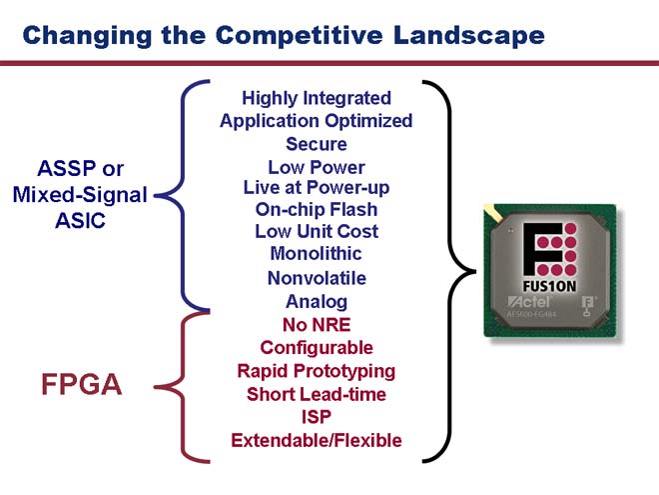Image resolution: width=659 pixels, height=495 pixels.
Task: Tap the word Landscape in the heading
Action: [469, 36]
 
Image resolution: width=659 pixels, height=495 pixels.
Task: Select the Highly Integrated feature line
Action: [317, 98]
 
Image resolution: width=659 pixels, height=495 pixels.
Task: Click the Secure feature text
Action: [317, 144]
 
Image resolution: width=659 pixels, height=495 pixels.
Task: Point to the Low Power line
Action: [317, 167]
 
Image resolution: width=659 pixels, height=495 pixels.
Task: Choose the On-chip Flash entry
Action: [317, 209]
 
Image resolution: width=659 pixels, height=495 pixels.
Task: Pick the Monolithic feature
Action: [317, 253]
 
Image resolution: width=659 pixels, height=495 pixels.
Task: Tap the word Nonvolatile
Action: [317, 278]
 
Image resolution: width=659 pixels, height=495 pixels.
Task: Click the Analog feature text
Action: [317, 302]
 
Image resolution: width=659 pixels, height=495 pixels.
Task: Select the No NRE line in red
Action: [317, 325]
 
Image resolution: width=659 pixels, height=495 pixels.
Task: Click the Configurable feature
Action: [317, 348]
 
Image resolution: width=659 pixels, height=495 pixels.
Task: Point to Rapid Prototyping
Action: [317, 372]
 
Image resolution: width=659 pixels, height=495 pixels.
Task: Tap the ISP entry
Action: [317, 417]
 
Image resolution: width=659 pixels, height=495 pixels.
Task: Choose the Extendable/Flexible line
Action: [317, 440]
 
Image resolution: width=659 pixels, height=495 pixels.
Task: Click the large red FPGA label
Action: [82, 384]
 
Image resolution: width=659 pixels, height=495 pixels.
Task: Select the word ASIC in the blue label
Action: [80, 221]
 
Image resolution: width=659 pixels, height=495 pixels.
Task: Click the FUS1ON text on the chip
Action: [549, 287]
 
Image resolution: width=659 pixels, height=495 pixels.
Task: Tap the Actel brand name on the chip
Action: [529, 301]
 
